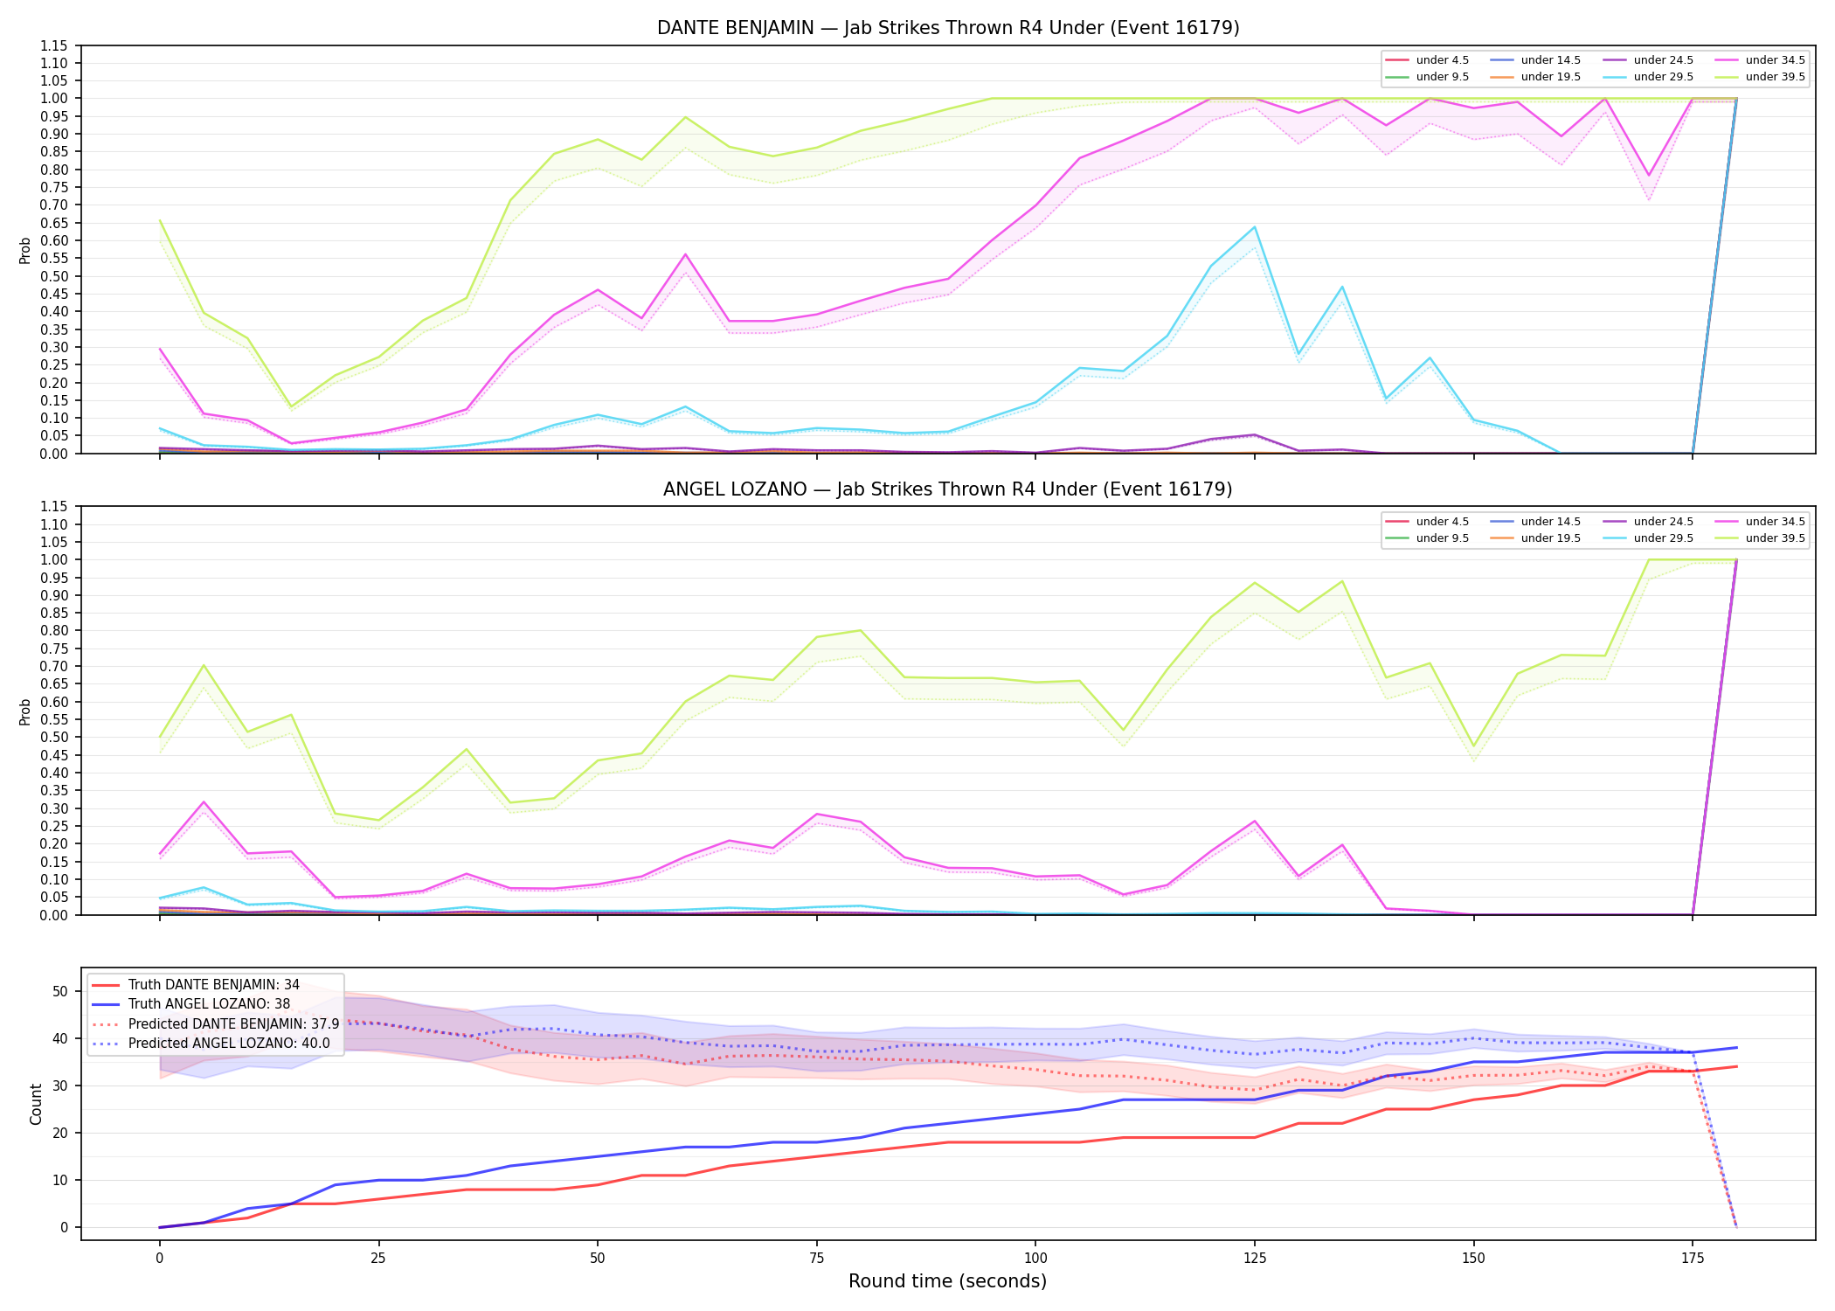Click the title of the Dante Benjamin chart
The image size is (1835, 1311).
tap(948, 28)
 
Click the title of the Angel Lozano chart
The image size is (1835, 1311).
tap(948, 489)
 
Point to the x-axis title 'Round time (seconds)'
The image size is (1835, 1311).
tap(948, 1281)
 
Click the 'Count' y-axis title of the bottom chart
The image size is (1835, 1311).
tap(36, 1104)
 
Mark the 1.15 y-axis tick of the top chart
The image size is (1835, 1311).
tap(54, 45)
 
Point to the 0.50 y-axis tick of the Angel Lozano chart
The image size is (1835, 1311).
tap(54, 737)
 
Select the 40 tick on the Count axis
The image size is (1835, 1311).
tap(60, 1038)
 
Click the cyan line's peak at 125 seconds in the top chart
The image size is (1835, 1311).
tap(1255, 227)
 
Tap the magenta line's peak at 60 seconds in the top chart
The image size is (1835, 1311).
tap(685, 254)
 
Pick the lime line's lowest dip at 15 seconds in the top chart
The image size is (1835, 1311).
tap(291, 407)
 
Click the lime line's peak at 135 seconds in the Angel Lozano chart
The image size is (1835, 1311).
tap(1342, 581)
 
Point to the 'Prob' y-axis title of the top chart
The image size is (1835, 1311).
tap(25, 251)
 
